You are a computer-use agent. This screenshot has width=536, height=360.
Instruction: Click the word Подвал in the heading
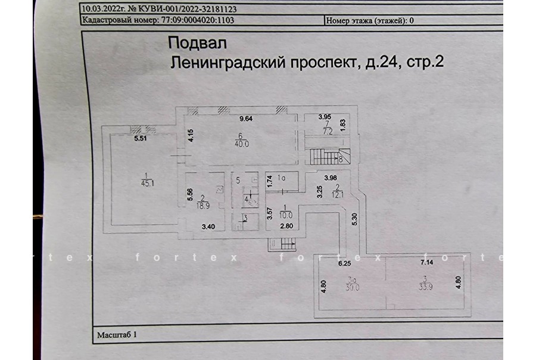(x=197, y=44)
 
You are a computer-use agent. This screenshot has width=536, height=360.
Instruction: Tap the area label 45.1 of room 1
(x=148, y=184)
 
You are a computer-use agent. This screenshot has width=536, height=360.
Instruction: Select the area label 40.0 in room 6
(x=242, y=144)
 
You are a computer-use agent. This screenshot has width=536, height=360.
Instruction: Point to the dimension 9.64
(x=246, y=119)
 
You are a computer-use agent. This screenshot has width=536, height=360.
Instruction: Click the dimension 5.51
(x=141, y=138)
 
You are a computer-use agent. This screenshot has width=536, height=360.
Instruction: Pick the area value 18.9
(x=203, y=206)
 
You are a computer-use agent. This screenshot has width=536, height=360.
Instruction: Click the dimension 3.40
(x=208, y=226)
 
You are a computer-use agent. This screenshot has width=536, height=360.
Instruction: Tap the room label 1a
(x=281, y=178)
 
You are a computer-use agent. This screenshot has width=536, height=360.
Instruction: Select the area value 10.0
(x=286, y=216)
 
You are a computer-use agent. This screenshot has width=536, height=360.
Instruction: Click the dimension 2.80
(x=286, y=226)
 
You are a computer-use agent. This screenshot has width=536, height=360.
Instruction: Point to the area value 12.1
(x=338, y=195)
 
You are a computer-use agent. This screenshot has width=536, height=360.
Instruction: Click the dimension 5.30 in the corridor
(x=354, y=219)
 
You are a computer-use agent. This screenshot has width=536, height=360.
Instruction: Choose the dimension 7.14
(x=426, y=262)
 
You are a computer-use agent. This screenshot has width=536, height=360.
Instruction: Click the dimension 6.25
(x=345, y=263)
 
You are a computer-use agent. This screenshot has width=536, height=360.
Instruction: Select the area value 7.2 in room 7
(x=328, y=131)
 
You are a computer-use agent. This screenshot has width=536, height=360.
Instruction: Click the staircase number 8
(x=341, y=159)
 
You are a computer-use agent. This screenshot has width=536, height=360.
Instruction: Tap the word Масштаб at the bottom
(x=114, y=335)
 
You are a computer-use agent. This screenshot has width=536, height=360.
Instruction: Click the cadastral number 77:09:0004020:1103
(x=198, y=20)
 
